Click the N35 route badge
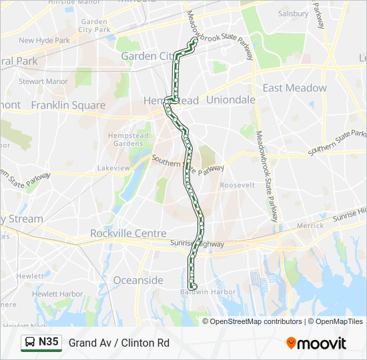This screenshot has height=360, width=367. pyautogui.click(x=41, y=343)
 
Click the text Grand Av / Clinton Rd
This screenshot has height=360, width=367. pyautogui.click(x=119, y=343)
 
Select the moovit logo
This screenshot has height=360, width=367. pyautogui.click(x=316, y=343)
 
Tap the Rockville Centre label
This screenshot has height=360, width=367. pyautogui.click(x=128, y=233)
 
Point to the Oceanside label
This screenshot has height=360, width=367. pyautogui.click(x=138, y=280)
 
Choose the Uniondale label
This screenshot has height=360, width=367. pyautogui.click(x=231, y=99)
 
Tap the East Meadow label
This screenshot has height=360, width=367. pyautogui.click(x=294, y=88)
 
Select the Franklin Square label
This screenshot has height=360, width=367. pyautogui.click(x=68, y=105)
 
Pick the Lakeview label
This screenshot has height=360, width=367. pyautogui.click(x=113, y=169)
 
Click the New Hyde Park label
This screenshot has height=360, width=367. pyautogui.click(x=44, y=41)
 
